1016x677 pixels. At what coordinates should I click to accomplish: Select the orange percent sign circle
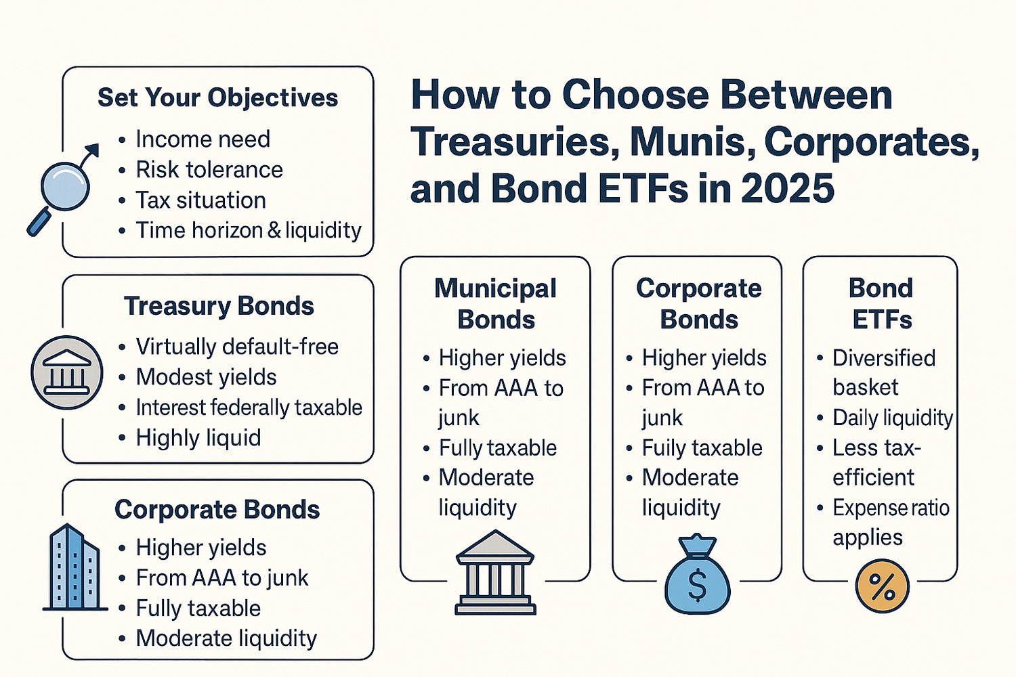click(x=882, y=586)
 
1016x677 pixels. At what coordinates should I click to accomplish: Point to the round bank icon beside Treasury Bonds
click(x=67, y=372)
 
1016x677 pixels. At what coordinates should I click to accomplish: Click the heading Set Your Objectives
click(x=217, y=97)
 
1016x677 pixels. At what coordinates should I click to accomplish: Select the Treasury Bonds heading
click(x=219, y=306)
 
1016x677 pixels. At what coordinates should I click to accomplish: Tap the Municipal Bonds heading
click(x=496, y=303)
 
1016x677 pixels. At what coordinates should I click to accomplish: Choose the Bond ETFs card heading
click(x=881, y=303)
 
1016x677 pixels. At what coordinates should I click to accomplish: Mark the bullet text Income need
click(x=203, y=139)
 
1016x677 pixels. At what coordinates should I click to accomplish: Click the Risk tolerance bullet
click(x=209, y=169)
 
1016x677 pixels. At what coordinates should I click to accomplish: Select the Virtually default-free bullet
click(x=237, y=347)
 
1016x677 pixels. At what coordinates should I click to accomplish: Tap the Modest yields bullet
click(x=206, y=377)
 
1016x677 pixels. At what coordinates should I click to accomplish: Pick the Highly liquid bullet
click(x=198, y=438)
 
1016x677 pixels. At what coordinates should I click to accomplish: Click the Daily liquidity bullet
click(x=892, y=418)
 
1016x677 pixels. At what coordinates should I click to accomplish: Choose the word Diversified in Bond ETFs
click(x=884, y=357)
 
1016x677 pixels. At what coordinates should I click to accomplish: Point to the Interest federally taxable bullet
click(x=249, y=408)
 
